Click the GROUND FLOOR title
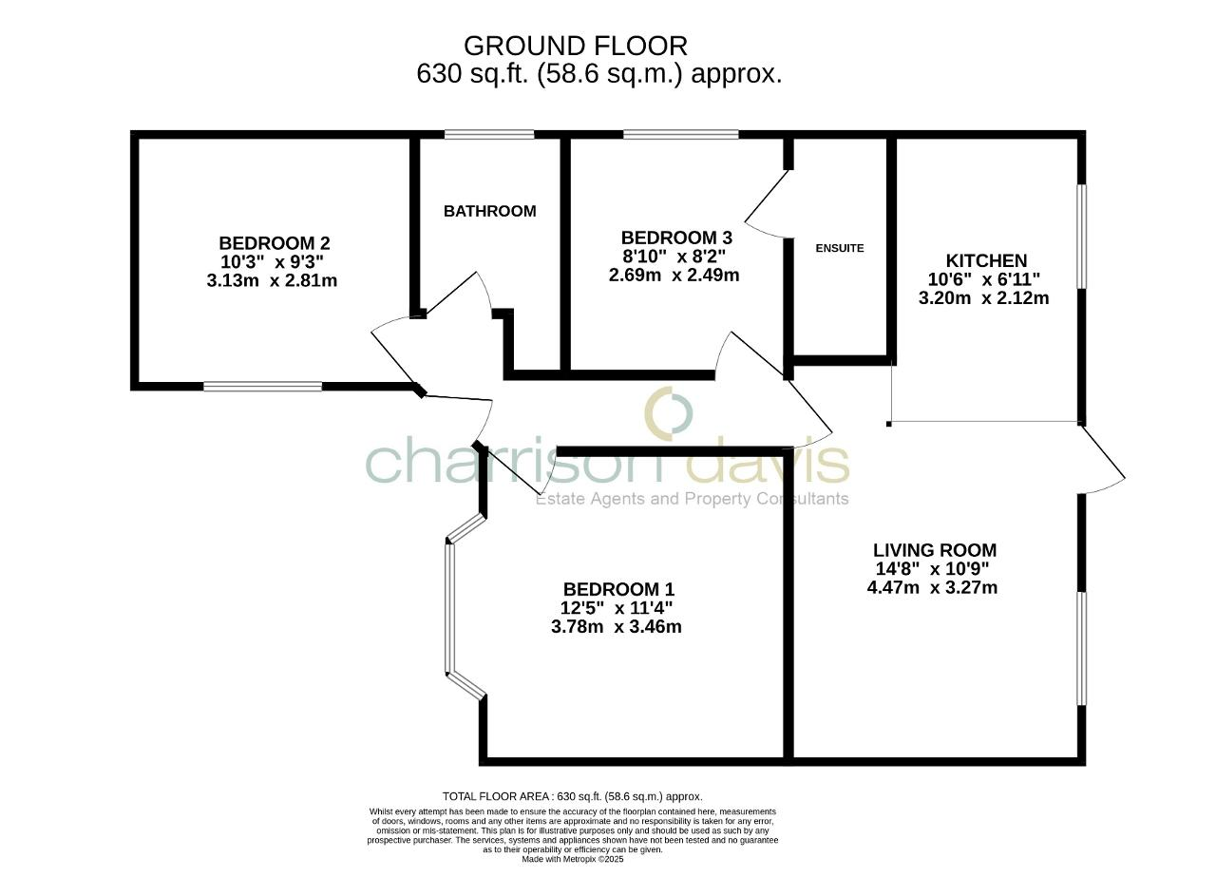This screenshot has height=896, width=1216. click(575, 46)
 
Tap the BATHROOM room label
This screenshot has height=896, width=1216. click(489, 211)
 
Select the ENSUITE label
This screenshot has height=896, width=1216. click(840, 248)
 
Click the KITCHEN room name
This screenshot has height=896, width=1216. click(986, 260)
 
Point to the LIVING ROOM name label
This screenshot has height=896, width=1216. click(934, 550)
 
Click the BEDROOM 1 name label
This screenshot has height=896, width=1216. click(618, 589)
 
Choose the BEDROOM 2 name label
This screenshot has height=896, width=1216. click(274, 243)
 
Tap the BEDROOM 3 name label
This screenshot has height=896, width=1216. click(676, 238)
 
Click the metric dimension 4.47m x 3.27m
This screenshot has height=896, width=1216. click(932, 588)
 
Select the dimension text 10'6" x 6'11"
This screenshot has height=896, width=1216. click(983, 279)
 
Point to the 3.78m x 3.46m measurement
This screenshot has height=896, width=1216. click(616, 627)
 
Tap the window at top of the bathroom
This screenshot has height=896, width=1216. click(488, 134)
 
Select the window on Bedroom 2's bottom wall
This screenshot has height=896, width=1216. click(262, 386)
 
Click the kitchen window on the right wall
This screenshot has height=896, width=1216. click(1081, 236)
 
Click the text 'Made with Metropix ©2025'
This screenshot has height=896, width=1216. click(572, 859)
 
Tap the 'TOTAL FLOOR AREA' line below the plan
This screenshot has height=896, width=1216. click(572, 796)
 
